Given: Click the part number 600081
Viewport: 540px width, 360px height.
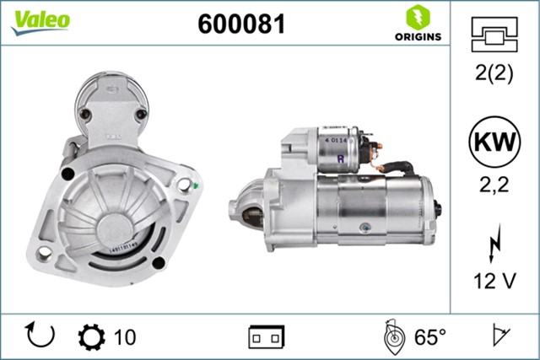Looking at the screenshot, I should pos(241,24).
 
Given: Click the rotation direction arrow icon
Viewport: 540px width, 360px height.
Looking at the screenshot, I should pos(40,336).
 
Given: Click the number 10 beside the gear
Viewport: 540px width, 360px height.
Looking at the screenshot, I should pos(124,337).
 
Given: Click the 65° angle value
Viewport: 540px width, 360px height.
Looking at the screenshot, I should pos(429,337).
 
